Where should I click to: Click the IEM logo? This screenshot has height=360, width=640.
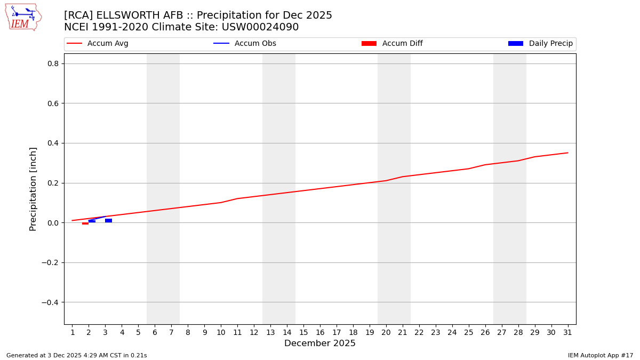[x=23, y=17]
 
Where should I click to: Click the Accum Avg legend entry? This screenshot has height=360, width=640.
[x=98, y=44]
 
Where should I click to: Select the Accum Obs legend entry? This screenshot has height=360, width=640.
[x=245, y=44]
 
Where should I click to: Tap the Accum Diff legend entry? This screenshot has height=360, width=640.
[x=392, y=44]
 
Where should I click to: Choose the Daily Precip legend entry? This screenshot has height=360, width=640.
[x=540, y=44]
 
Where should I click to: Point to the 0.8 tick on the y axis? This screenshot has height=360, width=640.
[x=52, y=63]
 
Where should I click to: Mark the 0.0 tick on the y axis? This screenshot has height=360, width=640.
[x=52, y=223]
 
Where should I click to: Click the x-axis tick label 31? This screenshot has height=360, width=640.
[x=567, y=332]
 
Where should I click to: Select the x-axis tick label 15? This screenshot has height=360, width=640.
[x=303, y=332]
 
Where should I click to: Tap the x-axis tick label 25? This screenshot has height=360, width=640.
[x=468, y=332]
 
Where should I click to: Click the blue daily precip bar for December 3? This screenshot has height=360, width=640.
[x=108, y=221]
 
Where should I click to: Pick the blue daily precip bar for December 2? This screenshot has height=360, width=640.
[x=92, y=221]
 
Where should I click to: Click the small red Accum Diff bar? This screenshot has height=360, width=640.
[x=85, y=223]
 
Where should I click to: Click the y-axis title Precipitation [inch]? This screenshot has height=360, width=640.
[x=33, y=189]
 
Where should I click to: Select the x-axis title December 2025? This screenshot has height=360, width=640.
[x=320, y=343]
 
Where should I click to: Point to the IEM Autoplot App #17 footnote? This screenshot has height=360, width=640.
[x=601, y=355]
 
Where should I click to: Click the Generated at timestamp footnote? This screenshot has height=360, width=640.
[x=76, y=355]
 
